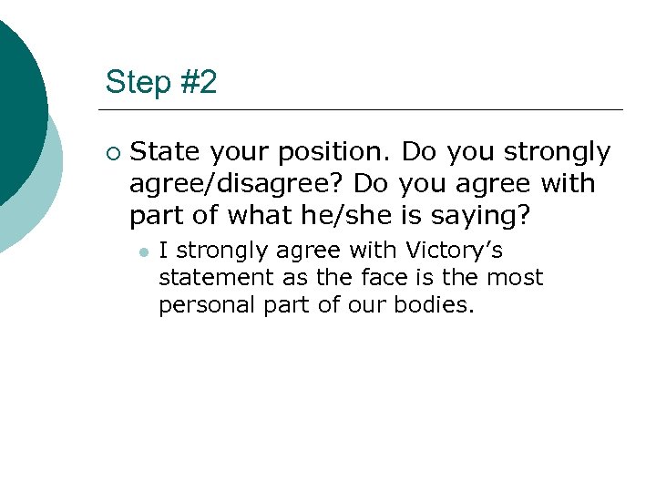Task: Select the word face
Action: [375, 277]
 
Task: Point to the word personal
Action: [201, 304]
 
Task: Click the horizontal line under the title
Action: [364, 109]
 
